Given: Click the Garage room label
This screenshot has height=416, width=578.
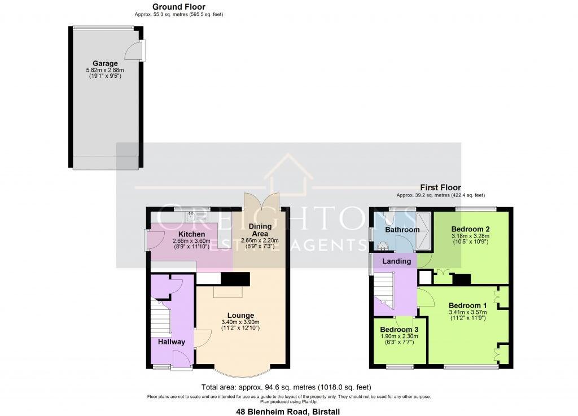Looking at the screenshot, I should tap(106, 64).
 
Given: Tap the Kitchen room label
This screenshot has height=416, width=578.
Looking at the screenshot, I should tap(191, 234).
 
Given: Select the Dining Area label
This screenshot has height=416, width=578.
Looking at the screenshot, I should tap(260, 230).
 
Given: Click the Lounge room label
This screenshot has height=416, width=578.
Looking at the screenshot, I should tap(240, 316).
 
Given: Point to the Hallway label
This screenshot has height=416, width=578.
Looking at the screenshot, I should tap(172, 342).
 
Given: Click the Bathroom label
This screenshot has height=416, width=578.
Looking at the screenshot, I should tap(402, 230).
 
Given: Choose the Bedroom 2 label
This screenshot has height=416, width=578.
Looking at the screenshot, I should tap(470, 229).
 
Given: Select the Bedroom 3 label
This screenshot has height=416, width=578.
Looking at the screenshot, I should tap(399, 330).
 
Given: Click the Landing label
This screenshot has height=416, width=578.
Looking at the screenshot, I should tap(396, 261).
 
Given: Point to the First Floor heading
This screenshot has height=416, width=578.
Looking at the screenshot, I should tap(440, 187).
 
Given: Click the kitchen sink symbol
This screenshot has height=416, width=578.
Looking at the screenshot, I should tap(191, 215).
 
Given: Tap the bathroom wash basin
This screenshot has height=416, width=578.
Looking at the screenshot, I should tap(382, 246).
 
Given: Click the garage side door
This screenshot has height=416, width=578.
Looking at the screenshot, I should tap(134, 51).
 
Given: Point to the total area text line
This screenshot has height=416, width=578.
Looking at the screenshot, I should tap(286, 387).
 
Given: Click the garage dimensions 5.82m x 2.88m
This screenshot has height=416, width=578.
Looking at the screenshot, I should tap(106, 70).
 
